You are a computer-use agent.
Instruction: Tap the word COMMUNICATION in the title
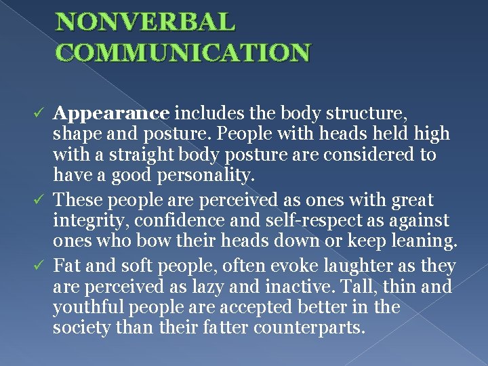point(183,52)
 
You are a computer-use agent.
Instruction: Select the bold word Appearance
point(113,111)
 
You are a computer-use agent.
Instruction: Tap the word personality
point(205,176)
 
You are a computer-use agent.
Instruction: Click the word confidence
point(163,221)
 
